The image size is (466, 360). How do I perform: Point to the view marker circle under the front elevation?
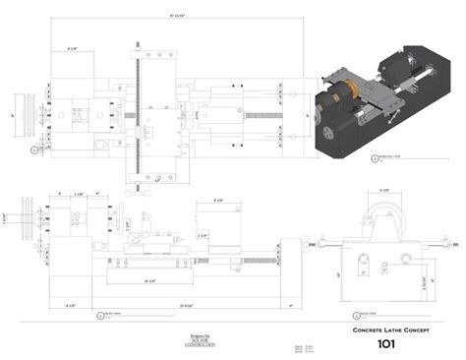click(x=99, y=316)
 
